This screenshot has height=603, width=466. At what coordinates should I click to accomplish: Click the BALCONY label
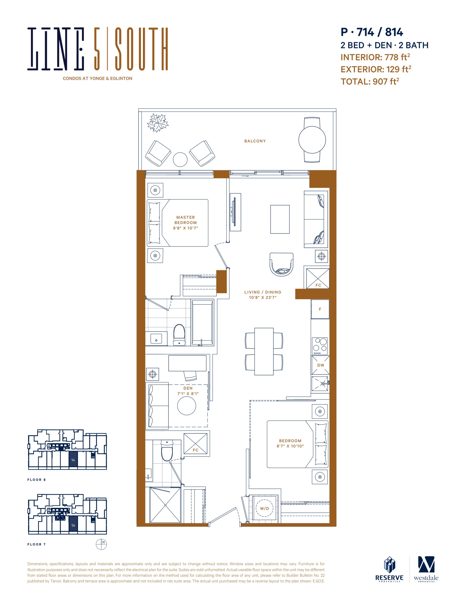tap(255, 141)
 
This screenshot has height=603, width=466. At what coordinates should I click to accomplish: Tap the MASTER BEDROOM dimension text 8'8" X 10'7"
tap(186, 228)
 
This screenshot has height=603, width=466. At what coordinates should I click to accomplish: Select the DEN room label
tap(188, 388)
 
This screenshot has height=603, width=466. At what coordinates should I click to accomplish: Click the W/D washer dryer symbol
tap(264, 508)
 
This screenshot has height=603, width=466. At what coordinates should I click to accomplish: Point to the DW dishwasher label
tap(320, 365)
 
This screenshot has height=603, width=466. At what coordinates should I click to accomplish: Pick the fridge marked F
tap(320, 309)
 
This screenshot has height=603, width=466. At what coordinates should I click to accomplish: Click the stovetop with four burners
tap(320, 346)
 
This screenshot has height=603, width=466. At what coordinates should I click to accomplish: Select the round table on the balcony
tap(312, 140)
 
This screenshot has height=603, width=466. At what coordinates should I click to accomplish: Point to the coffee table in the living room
tap(280, 219)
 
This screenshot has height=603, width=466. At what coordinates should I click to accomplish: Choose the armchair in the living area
tap(281, 264)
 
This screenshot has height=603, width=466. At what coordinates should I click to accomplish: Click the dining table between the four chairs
tap(264, 351)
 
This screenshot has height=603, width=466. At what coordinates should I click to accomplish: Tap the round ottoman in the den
tap(187, 406)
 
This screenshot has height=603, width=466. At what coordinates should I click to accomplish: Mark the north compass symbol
tap(101, 544)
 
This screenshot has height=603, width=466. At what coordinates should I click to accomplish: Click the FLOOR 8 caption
tap(36, 480)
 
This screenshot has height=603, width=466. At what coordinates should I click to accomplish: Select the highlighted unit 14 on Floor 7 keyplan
tap(73, 525)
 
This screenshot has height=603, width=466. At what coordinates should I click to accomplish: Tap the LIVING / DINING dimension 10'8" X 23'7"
tap(263, 298)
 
